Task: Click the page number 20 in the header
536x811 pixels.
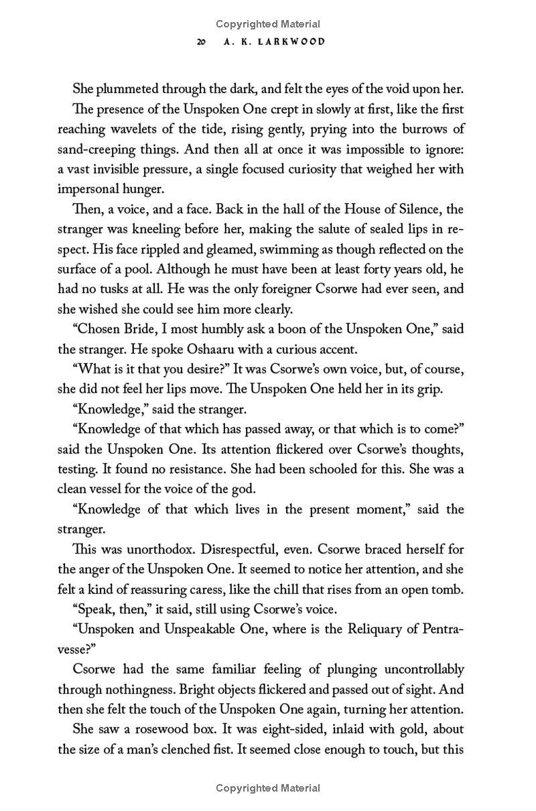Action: point(200,42)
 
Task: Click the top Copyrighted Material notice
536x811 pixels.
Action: point(268,24)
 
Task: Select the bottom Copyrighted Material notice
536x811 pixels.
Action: point(268,788)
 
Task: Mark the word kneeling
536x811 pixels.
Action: point(163,230)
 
